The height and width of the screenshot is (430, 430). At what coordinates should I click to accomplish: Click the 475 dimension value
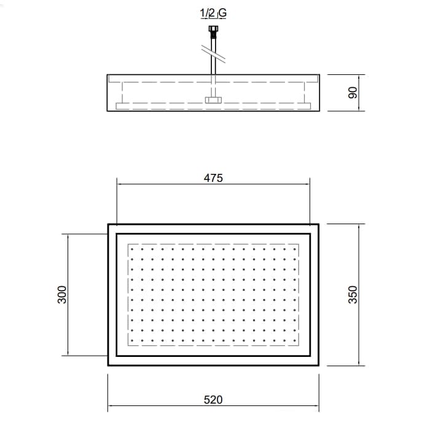[213, 178]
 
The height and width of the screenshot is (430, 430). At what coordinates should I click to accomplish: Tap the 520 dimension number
[213, 400]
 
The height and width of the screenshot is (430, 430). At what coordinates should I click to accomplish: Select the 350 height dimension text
[353, 294]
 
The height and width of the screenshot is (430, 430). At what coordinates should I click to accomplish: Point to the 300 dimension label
[62, 294]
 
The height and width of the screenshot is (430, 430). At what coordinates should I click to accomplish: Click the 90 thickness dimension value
[353, 93]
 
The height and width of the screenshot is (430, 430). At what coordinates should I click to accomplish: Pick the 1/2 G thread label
[213, 13]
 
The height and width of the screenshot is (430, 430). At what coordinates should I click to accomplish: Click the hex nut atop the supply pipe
[213, 28]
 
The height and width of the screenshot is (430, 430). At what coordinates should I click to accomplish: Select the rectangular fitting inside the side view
[213, 100]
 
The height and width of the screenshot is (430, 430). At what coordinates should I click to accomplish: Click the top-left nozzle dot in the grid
[132, 249]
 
